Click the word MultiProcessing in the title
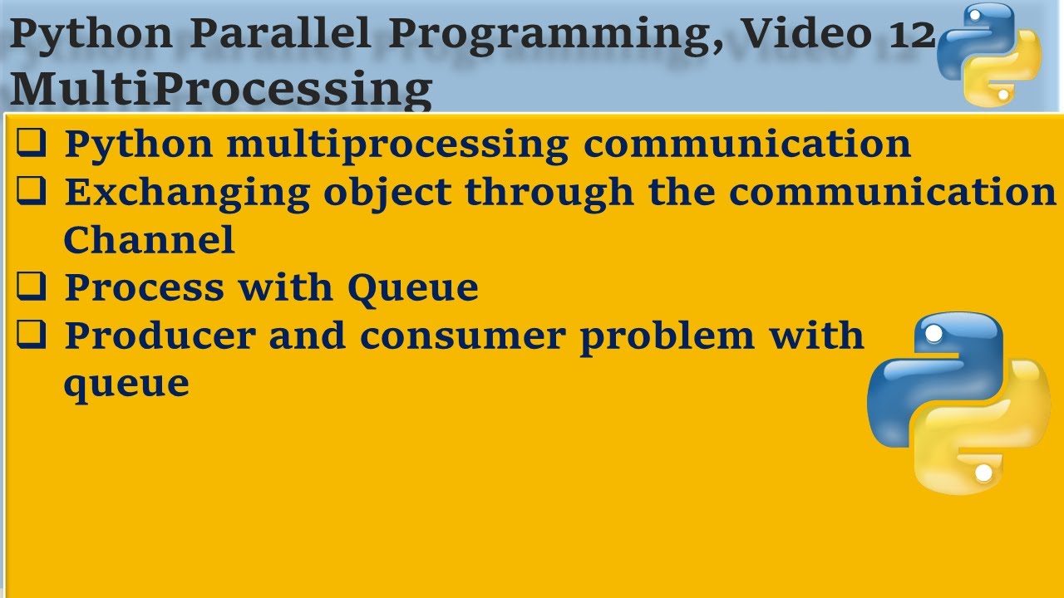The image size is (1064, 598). [x=221, y=89]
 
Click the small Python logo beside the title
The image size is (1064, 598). [x=989, y=55]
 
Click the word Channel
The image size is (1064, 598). [x=149, y=241]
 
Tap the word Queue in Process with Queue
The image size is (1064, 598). [x=413, y=288]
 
